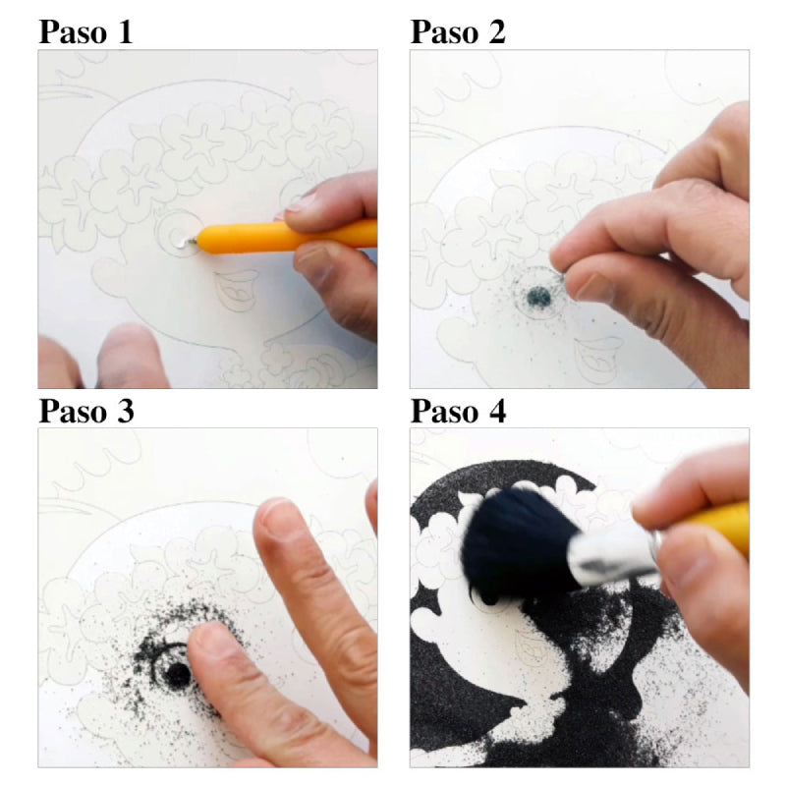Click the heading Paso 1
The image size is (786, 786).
coord(85,32)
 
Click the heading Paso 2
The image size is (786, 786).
coord(458,32)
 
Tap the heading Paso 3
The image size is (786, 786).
coord(86,411)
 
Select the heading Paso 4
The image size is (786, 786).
coord(458,411)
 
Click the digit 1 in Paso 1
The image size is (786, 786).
coord(125,32)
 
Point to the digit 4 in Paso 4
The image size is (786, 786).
coord(496,411)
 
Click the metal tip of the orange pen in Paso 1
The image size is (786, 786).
coord(192,242)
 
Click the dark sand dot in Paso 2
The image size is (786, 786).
coord(538,297)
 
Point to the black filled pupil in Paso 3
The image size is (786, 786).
coord(178,674)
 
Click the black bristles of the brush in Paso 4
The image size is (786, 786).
coord(517,544)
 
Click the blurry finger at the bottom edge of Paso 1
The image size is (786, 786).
coord(132,357)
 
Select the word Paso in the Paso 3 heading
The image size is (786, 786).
coord(73,411)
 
